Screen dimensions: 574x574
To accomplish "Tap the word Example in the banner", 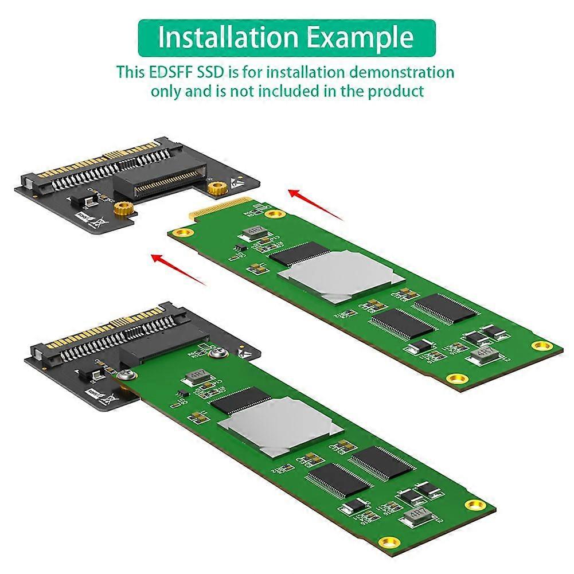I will tap(360, 38).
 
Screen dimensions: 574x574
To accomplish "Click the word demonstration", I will tap(394, 73).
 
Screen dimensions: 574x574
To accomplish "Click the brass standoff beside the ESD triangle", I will tap(217, 188).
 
